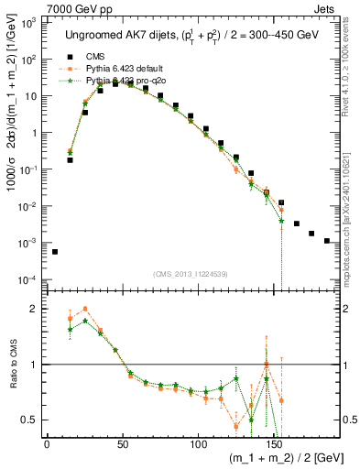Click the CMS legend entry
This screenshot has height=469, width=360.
(x=96, y=55)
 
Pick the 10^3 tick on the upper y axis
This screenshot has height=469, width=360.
(x=27, y=22)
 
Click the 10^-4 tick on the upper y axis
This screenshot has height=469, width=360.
(x=27, y=279)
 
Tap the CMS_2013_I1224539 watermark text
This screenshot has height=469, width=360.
(x=190, y=272)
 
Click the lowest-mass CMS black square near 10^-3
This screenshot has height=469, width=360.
(x=54, y=252)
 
